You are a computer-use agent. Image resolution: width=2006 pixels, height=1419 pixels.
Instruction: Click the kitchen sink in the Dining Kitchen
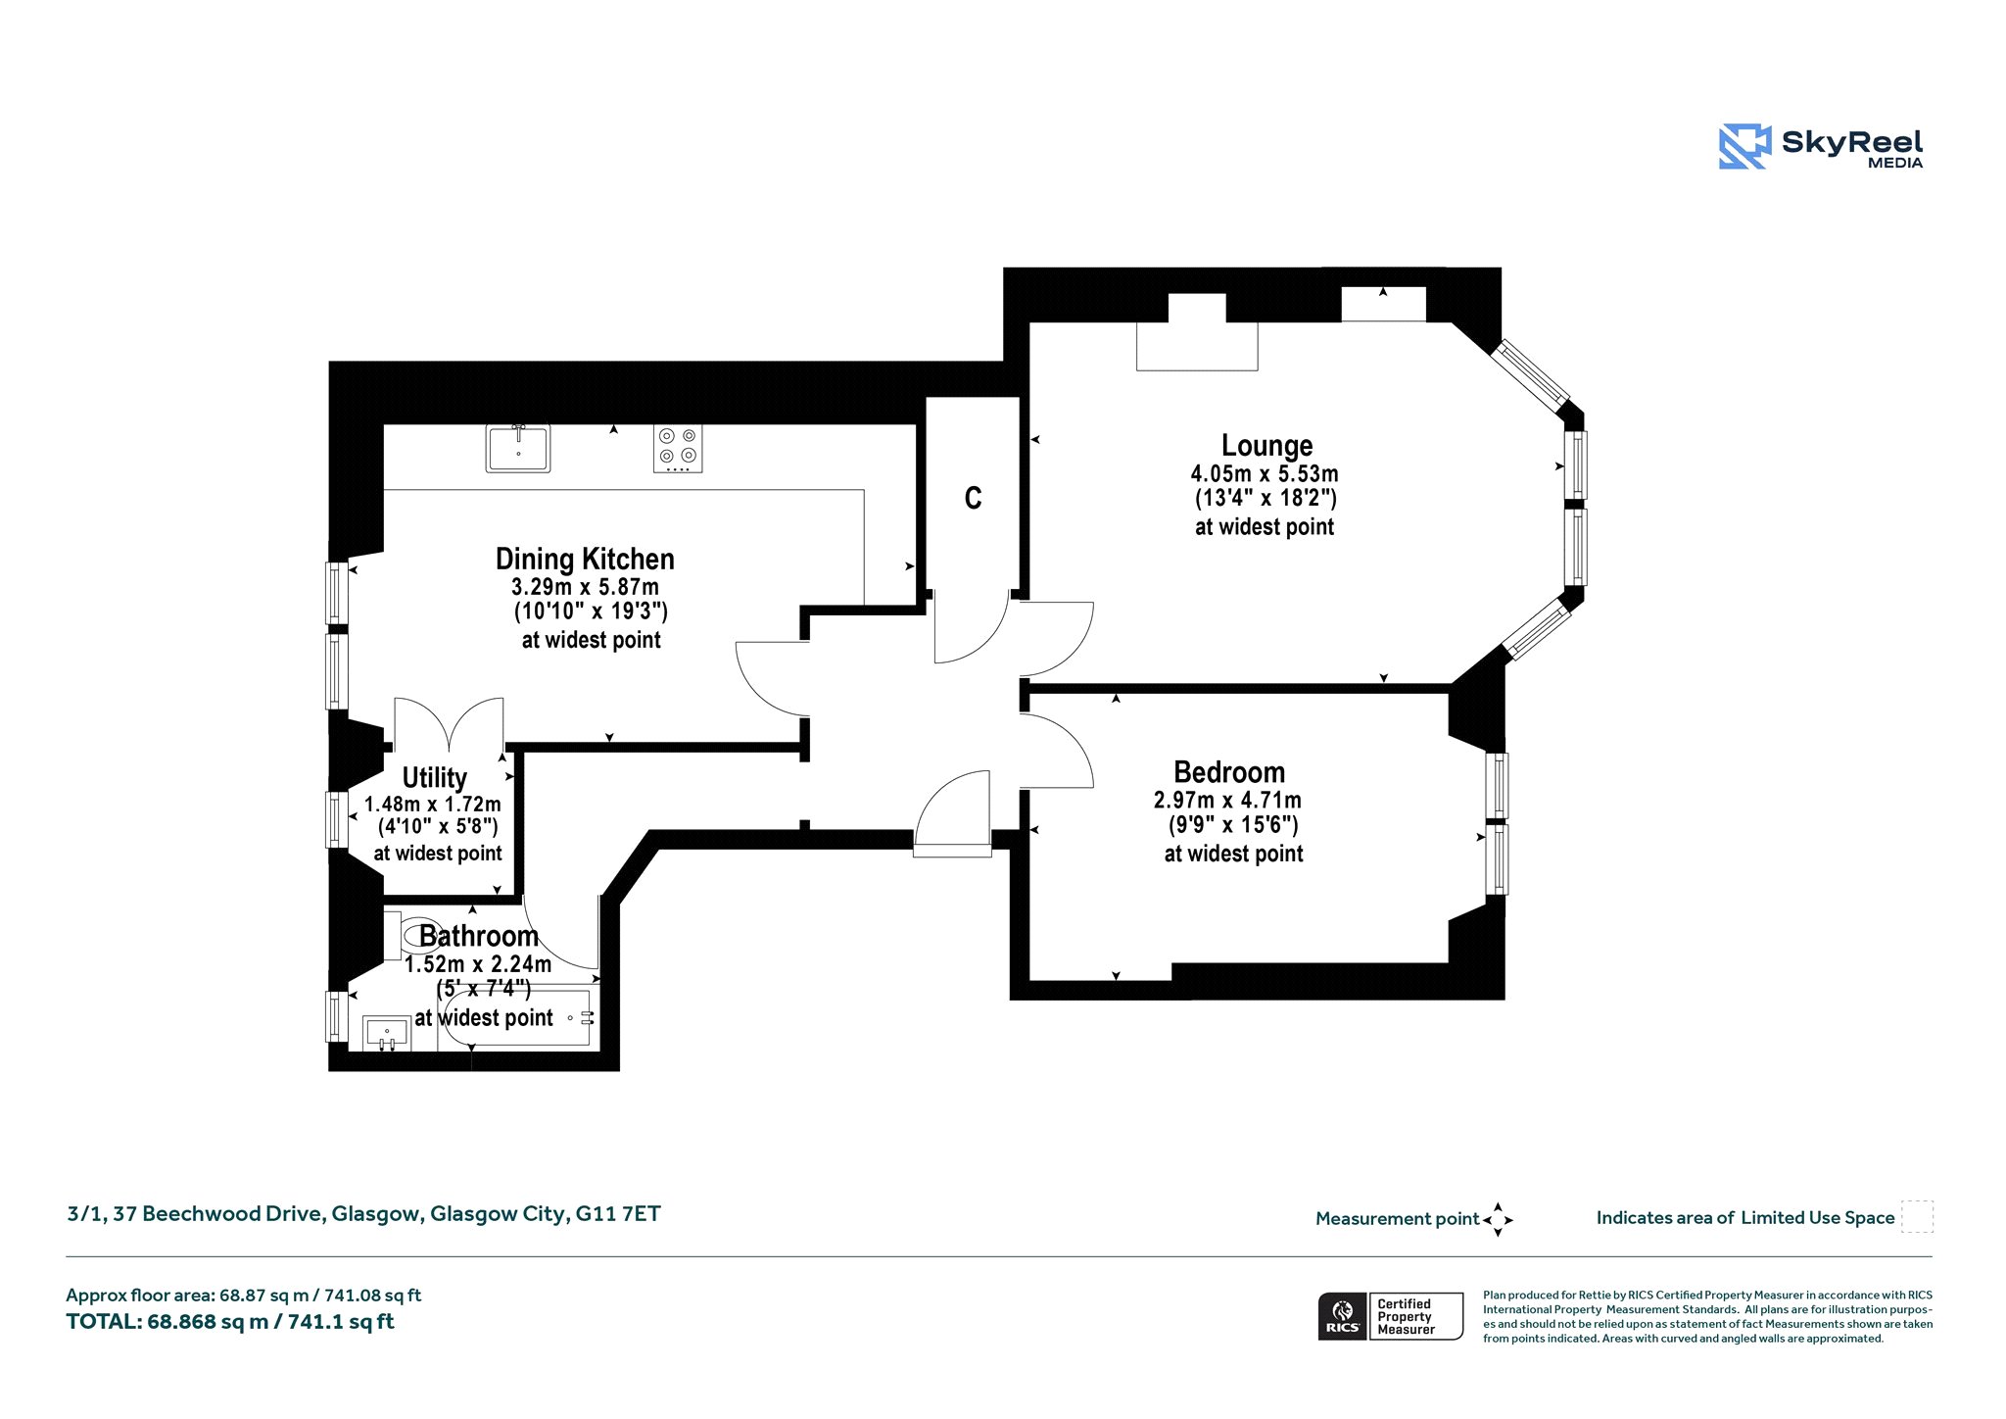pyautogui.click(x=518, y=448)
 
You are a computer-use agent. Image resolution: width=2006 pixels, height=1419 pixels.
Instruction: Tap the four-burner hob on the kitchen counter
pyautogui.click(x=678, y=448)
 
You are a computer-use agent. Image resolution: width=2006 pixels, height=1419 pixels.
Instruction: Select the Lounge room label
pyautogui.click(x=1266, y=446)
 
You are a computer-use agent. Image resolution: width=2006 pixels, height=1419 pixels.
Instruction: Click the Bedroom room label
pyautogui.click(x=1229, y=772)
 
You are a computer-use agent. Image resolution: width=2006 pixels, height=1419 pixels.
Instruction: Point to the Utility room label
pyautogui.click(x=434, y=778)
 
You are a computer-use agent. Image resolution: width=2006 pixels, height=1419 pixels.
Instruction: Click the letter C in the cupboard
pyautogui.click(x=973, y=499)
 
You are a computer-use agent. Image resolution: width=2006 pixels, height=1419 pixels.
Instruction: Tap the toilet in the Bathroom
pyautogui.click(x=411, y=936)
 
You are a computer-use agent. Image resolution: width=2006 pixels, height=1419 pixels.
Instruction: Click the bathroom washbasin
pyautogui.click(x=387, y=1033)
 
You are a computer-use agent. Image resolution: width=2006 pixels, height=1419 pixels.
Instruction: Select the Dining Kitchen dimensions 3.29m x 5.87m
pyautogui.click(x=585, y=587)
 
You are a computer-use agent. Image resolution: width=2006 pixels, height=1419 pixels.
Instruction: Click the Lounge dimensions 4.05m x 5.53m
pyautogui.click(x=1265, y=473)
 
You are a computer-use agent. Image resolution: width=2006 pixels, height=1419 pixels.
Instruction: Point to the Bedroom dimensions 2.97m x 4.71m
pyautogui.click(x=1227, y=800)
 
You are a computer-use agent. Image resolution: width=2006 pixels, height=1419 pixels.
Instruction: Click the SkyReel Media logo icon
pyautogui.click(x=1744, y=146)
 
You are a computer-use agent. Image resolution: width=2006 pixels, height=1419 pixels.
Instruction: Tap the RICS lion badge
pyautogui.click(x=1343, y=1316)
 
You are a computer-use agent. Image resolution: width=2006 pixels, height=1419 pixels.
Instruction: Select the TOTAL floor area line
pyautogui.click(x=230, y=1322)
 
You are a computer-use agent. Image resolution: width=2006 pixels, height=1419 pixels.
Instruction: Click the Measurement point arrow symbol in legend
pyautogui.click(x=1498, y=1220)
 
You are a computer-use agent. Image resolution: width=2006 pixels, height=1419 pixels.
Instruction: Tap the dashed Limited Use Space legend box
pyautogui.click(x=1917, y=1216)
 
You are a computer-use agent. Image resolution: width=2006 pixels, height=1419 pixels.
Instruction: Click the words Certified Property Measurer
pyautogui.click(x=1405, y=1317)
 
